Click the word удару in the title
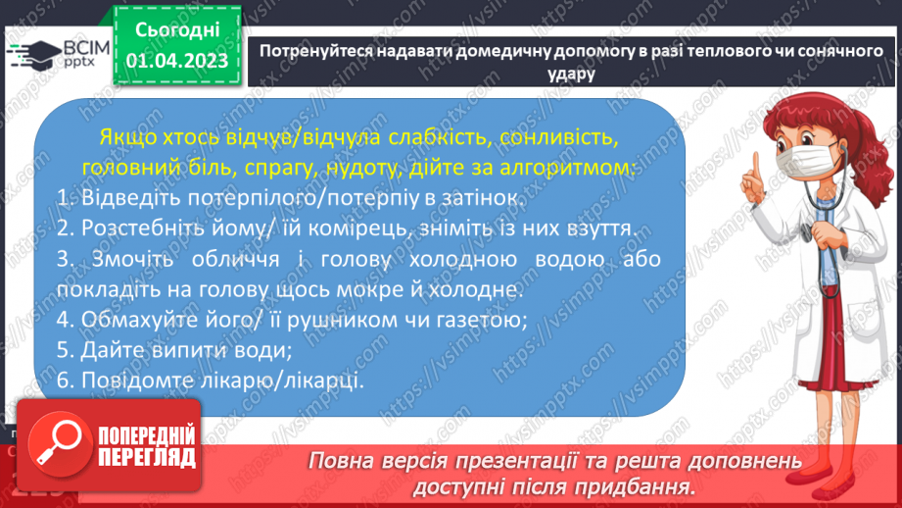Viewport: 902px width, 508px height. click(567, 73)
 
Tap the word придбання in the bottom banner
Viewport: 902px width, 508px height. click(640, 485)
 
